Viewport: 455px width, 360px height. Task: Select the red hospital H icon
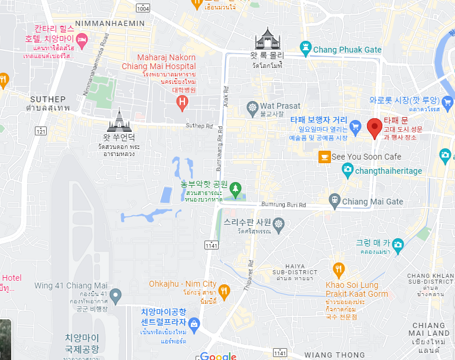(183, 103)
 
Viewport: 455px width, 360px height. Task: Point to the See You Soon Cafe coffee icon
(324, 157)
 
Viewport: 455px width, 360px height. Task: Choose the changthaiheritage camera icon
(348, 170)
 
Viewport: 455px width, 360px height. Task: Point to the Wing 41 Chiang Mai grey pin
(116, 294)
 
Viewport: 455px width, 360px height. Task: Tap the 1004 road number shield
(143, 8)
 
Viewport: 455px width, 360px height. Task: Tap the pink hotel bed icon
(82, 39)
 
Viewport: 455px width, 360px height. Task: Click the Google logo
(218, 356)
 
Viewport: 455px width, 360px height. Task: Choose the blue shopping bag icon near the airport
(194, 323)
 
